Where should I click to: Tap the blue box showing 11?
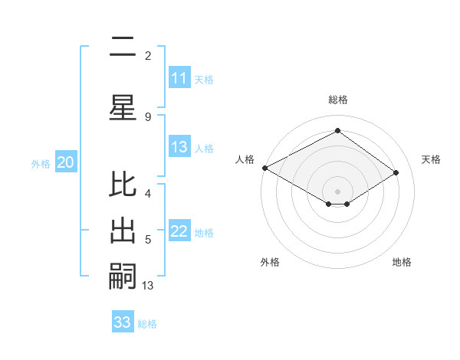(179, 78)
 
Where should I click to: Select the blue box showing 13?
(179, 148)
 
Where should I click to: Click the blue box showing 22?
(179, 232)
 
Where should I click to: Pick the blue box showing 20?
(66, 162)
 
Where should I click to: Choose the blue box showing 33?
(123, 322)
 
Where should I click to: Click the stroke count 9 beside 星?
(148, 116)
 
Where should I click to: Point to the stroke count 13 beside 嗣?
(148, 286)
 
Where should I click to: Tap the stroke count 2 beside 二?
(148, 55)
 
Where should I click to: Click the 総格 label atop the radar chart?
(337, 100)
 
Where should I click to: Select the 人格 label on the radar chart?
(245, 159)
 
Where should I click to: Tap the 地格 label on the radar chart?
(402, 263)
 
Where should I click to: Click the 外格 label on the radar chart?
(270, 263)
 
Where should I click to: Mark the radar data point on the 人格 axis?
(264, 168)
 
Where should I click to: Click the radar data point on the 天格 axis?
(396, 172)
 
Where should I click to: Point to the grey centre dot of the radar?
(337, 191)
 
